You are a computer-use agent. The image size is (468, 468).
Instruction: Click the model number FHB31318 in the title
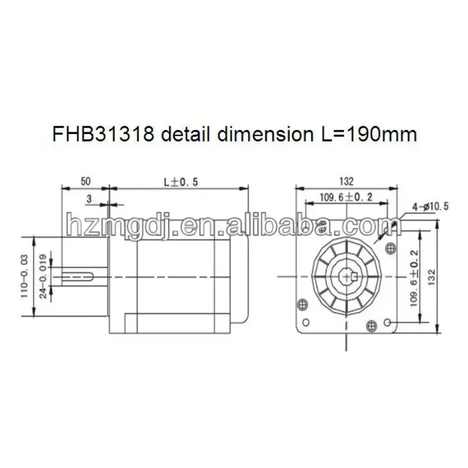tap(104, 135)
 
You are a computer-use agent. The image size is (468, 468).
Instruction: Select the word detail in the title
tap(187, 135)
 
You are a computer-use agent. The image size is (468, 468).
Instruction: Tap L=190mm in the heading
tap(365, 135)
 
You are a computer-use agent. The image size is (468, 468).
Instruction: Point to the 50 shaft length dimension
tap(85, 181)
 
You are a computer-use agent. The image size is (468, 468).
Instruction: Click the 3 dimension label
tap(89, 199)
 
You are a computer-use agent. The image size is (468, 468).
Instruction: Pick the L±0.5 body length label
tap(181, 182)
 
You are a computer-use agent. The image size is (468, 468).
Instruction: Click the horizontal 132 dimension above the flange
tap(346, 181)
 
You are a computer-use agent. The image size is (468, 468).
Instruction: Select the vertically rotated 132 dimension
tap(432, 277)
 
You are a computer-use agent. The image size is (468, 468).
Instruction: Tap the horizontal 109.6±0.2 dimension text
tap(346, 197)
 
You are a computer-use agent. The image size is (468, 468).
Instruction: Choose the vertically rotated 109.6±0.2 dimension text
tap(415, 278)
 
